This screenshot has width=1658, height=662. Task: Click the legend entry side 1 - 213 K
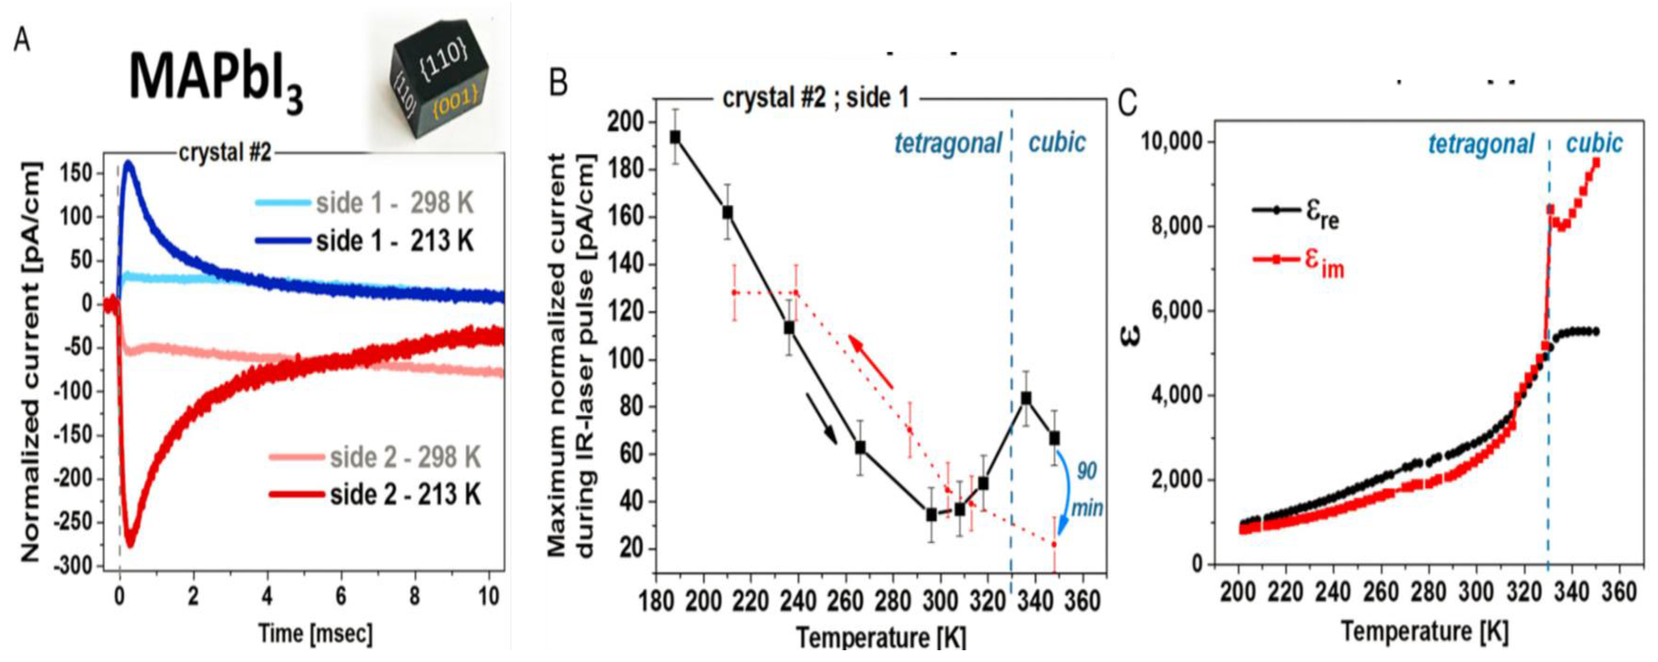tap(394, 241)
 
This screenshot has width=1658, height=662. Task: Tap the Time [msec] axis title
tap(315, 634)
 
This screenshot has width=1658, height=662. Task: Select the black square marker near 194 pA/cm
tap(675, 137)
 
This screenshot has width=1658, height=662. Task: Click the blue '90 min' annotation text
tap(1086, 489)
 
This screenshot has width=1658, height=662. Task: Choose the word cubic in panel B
tap(1057, 142)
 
